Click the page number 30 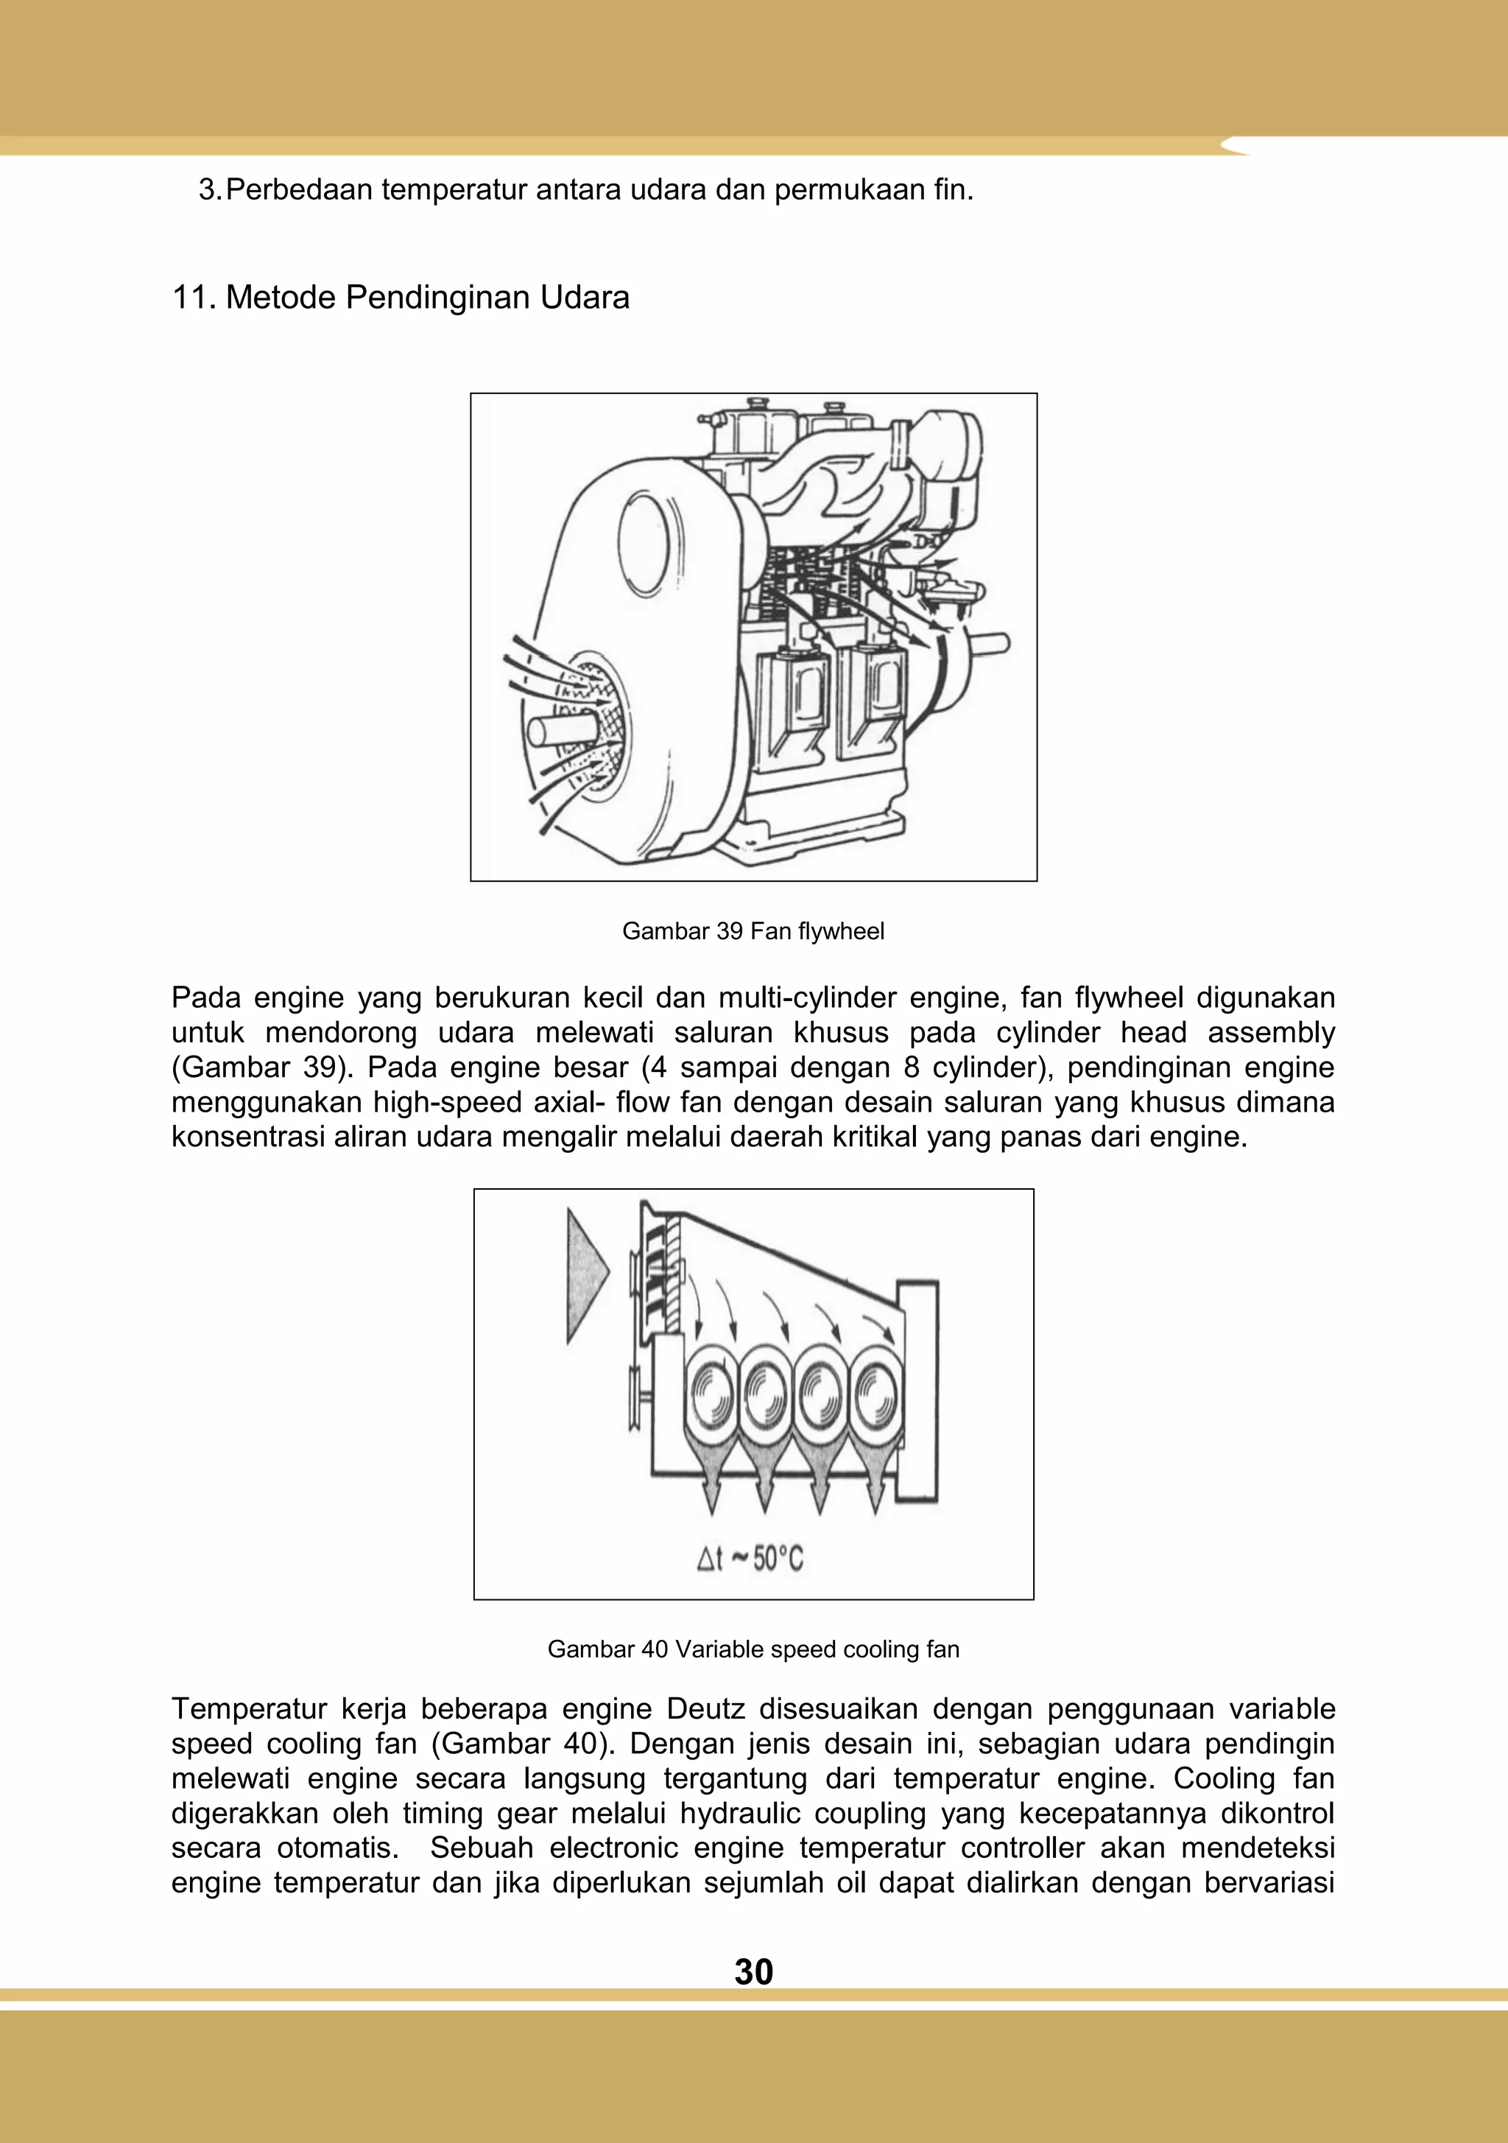pyautogui.click(x=753, y=1971)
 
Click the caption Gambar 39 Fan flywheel pyautogui.click(x=753, y=931)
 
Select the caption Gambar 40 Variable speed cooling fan pyautogui.click(x=753, y=1649)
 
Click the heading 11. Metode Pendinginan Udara pyautogui.click(x=401, y=298)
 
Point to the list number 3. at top pyautogui.click(x=210, y=190)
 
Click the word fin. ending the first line pyautogui.click(x=953, y=190)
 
